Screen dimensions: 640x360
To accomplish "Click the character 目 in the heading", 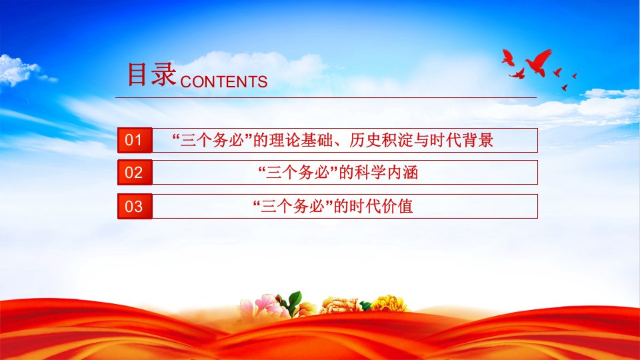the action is (x=137, y=74).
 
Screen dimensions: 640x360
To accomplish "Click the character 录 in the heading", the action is (x=164, y=74).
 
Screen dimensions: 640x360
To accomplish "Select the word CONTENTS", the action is (x=224, y=81).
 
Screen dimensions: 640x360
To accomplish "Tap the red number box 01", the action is (x=135, y=140).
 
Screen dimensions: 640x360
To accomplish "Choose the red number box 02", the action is (x=135, y=172).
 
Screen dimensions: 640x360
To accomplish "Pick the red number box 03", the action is (x=135, y=206).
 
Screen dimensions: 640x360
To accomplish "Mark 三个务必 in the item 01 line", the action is (x=212, y=140).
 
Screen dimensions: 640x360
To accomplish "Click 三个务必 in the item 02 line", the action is (x=298, y=172).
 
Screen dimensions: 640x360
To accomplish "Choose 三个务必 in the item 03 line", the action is (x=293, y=206).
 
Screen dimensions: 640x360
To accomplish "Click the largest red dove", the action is (x=539, y=62).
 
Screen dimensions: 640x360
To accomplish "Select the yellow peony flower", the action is (x=389, y=304).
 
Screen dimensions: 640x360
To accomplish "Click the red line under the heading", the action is (x=326, y=97).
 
